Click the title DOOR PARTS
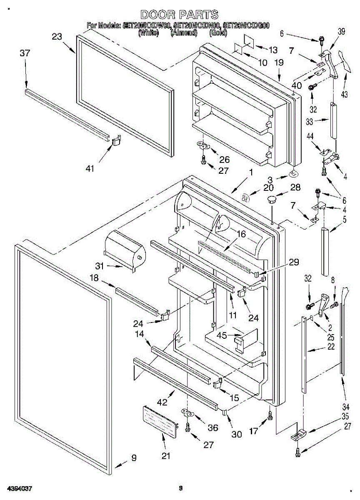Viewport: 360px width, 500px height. [x=179, y=15]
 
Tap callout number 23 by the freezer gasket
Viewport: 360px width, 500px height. [x=57, y=37]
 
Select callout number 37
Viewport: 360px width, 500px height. [x=25, y=53]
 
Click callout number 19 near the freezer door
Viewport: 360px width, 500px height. [x=279, y=63]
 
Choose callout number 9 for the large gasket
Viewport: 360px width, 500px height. [x=134, y=458]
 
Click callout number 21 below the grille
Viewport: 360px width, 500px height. [x=166, y=456]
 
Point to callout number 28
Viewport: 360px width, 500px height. [x=295, y=188]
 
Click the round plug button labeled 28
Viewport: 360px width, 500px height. [x=271, y=199]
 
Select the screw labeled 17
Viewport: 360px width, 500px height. [x=270, y=414]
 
